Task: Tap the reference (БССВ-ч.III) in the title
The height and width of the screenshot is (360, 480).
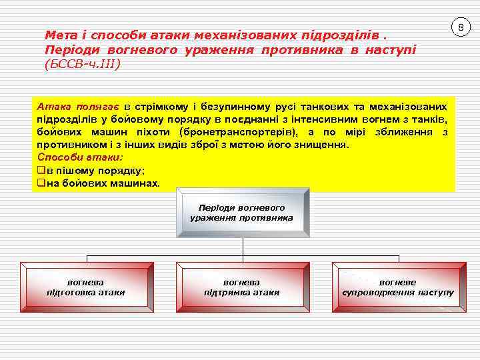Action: point(83,65)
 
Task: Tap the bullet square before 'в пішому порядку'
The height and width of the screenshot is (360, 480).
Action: point(41,170)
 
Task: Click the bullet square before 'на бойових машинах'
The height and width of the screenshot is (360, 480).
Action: point(41,183)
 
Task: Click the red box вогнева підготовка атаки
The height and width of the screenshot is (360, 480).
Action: point(85,287)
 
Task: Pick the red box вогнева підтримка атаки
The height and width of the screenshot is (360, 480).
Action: point(241,287)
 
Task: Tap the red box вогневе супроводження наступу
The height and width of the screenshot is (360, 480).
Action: point(397,287)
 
